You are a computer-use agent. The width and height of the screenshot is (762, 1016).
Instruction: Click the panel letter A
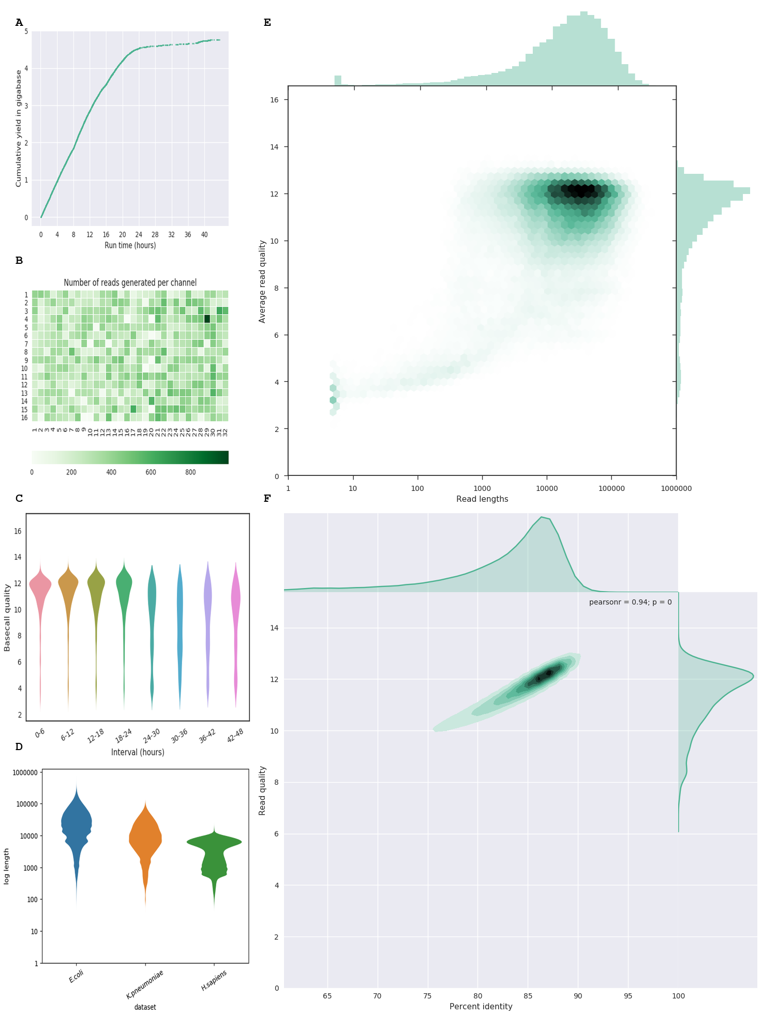click(x=19, y=22)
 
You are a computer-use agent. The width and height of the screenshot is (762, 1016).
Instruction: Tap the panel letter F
click(x=267, y=498)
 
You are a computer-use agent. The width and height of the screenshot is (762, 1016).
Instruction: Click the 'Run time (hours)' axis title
click(x=130, y=245)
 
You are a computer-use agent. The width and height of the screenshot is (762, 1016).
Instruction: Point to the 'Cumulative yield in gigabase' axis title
click(x=19, y=128)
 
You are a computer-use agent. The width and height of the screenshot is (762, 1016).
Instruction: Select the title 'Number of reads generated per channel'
click(x=130, y=282)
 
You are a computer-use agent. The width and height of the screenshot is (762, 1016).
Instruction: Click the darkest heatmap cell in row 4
click(x=207, y=319)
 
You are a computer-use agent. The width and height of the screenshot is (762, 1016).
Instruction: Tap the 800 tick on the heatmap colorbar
click(x=190, y=472)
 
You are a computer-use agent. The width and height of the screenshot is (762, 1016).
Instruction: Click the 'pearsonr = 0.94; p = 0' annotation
click(x=630, y=602)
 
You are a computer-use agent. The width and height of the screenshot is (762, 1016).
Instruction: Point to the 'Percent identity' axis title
click(x=481, y=1006)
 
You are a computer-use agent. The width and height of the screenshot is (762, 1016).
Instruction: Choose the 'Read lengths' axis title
click(x=482, y=499)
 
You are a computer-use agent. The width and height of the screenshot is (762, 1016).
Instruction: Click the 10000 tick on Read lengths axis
click(x=547, y=488)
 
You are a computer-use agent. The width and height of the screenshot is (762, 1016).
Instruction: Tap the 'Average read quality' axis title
click(x=262, y=281)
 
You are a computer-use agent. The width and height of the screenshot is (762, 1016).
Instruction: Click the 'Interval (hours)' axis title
click(x=138, y=752)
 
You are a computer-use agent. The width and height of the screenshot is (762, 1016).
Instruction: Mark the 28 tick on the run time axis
click(x=155, y=235)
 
